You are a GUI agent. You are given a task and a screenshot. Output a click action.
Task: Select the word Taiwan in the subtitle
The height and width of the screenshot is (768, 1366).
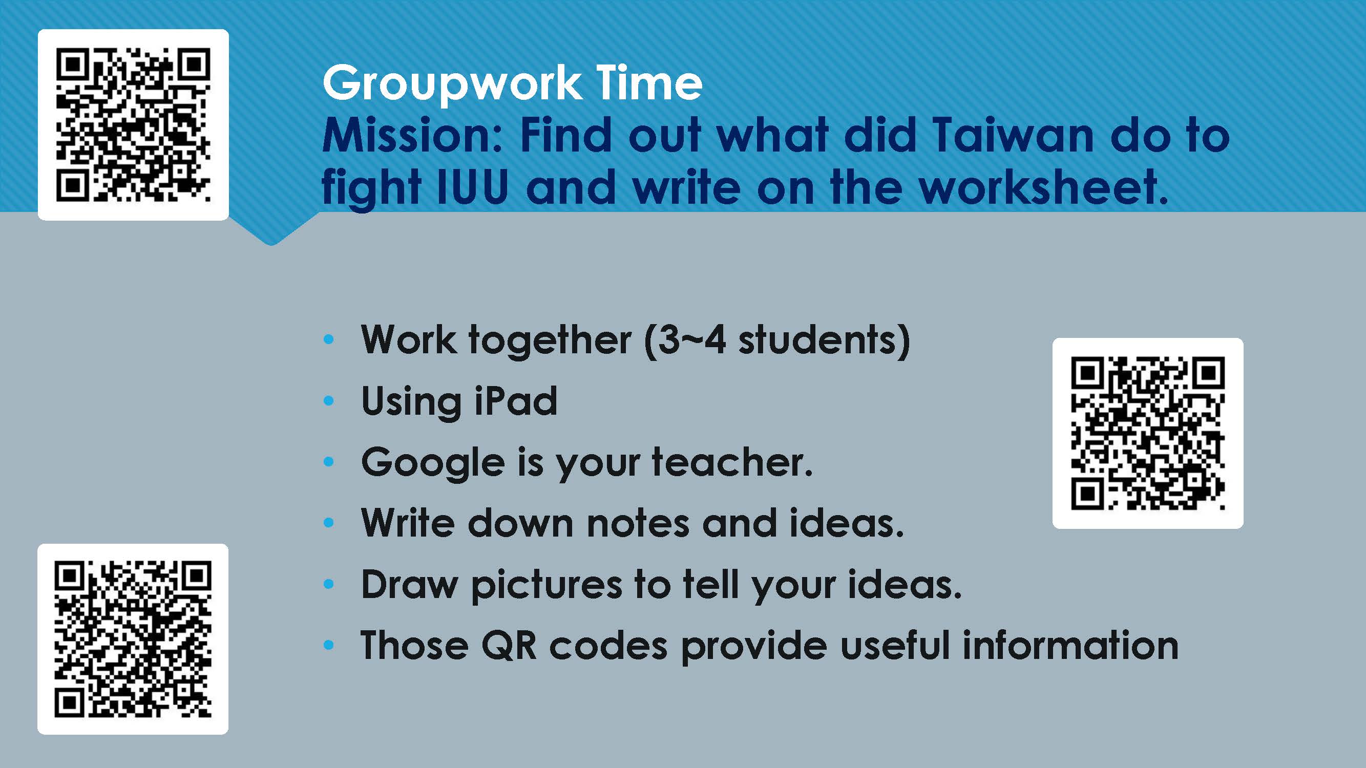(x=1012, y=136)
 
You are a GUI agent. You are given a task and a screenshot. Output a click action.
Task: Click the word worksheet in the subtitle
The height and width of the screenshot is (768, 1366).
(x=1044, y=186)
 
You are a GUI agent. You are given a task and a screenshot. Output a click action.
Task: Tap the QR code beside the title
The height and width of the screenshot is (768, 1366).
(x=133, y=125)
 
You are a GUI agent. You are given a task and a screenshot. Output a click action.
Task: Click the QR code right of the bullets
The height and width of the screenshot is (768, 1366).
(x=1147, y=433)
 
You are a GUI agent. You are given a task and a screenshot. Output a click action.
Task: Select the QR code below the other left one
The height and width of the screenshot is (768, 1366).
(x=133, y=639)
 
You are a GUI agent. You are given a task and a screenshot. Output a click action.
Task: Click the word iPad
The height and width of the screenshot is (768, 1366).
(x=515, y=401)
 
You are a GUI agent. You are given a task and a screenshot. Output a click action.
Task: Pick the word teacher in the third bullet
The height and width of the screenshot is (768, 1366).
(x=732, y=462)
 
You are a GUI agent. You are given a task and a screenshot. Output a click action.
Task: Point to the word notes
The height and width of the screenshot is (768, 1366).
(x=638, y=524)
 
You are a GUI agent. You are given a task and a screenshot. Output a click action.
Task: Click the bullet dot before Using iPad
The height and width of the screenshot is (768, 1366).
(x=329, y=401)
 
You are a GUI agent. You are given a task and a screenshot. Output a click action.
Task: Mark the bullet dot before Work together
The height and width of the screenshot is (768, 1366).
(x=329, y=340)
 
